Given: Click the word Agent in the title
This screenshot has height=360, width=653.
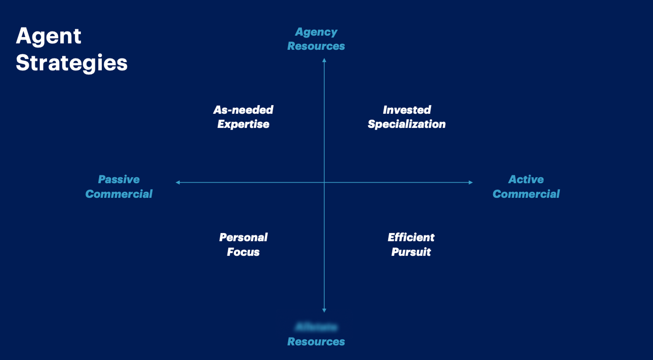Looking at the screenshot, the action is [x=48, y=37].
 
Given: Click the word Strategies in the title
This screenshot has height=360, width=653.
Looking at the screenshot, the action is [x=72, y=63].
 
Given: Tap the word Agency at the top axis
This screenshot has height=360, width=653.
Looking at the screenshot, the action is [x=316, y=32].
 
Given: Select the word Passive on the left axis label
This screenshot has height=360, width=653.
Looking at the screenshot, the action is [x=119, y=180].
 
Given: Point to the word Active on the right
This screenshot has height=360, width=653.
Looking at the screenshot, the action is [x=526, y=180].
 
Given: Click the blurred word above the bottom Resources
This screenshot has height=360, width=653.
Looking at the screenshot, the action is [x=316, y=327].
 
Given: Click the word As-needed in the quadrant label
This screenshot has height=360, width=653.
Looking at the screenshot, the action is [x=243, y=110].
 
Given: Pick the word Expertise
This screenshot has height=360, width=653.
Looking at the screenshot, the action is [x=243, y=124].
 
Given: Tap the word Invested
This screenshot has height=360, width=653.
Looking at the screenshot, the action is [x=407, y=110].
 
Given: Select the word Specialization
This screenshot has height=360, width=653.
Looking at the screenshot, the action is [x=407, y=124].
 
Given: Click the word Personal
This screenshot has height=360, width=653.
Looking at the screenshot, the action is [x=243, y=238].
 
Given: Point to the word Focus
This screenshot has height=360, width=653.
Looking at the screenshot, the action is [x=243, y=252].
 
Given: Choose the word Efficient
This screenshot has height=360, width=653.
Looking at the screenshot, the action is [x=411, y=238].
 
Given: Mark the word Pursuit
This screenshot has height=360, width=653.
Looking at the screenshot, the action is [x=411, y=252].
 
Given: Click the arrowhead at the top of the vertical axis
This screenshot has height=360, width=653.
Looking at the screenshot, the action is [x=324, y=60].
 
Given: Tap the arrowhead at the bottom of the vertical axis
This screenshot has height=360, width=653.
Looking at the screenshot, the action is [x=324, y=310].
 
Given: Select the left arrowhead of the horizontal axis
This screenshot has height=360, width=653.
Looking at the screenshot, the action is [x=178, y=182].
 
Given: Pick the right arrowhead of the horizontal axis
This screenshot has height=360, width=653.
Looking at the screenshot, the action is [x=471, y=182].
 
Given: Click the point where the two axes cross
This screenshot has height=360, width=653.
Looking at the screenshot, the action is [x=324, y=182].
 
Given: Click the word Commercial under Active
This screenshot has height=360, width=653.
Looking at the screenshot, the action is [x=526, y=194].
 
